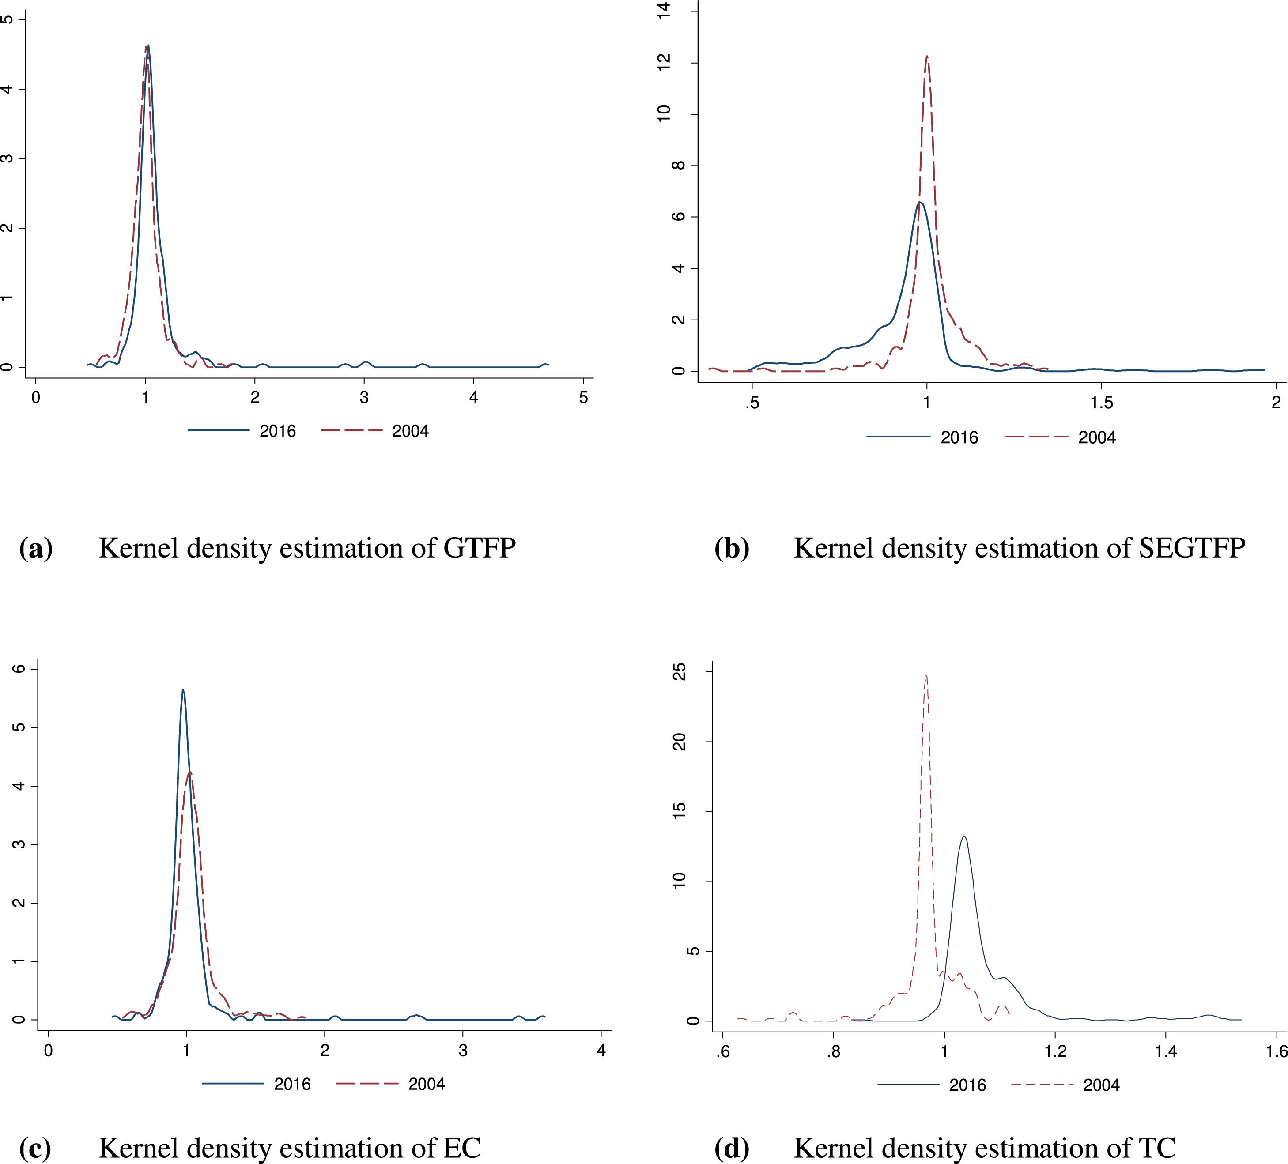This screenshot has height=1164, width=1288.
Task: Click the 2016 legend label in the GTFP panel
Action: [277, 431]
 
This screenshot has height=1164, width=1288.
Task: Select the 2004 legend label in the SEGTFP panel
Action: [1097, 437]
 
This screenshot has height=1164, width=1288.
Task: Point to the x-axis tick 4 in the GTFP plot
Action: [473, 397]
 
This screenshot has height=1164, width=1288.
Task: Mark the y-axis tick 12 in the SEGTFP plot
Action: [665, 62]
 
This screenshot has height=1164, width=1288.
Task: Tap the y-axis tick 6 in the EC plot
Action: [19, 669]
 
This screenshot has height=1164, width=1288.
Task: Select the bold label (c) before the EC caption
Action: [35, 1149]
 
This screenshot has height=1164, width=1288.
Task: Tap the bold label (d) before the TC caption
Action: [731, 1149]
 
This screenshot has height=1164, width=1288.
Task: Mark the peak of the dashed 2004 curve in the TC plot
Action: [926, 676]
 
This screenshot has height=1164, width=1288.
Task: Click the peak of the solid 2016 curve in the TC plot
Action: [964, 836]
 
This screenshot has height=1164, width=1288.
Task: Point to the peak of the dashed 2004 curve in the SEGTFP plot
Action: [926, 56]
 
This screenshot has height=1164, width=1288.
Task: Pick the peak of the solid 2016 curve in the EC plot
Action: [183, 690]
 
